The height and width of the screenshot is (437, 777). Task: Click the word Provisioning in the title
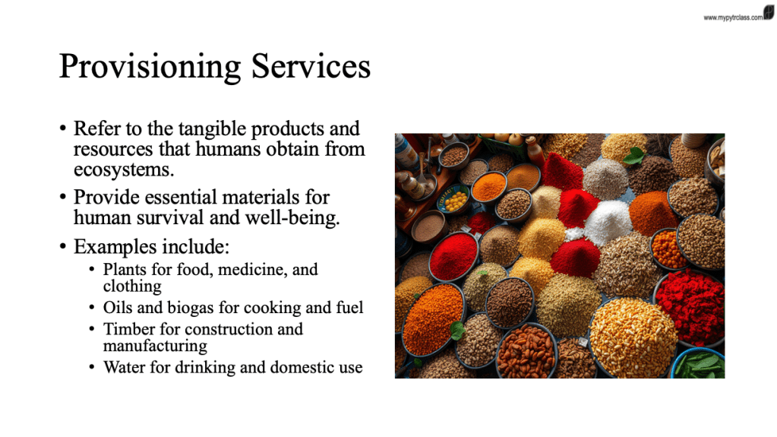[x=150, y=67]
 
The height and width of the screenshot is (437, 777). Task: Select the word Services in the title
[x=311, y=66]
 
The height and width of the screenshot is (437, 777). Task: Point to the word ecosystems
[x=124, y=170]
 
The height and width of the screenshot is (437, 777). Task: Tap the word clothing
[x=132, y=287]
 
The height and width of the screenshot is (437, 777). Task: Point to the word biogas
[x=191, y=308]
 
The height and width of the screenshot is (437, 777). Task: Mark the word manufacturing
[x=155, y=346]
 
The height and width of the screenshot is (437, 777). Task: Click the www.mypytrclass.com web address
[x=733, y=17]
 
